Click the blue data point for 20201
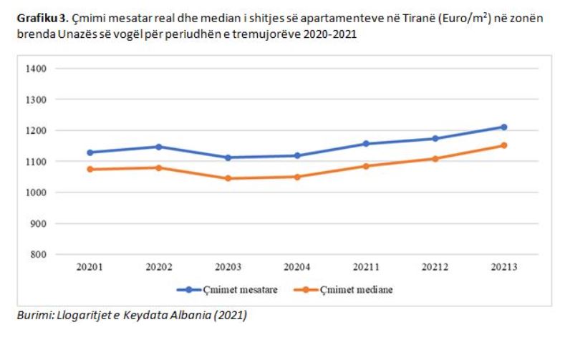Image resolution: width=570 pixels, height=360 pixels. (90, 152)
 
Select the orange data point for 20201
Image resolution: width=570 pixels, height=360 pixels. (90, 169)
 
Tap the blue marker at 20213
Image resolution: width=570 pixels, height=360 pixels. (503, 127)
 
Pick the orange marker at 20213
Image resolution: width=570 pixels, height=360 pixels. (503, 145)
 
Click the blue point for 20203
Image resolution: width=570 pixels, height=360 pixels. (228, 157)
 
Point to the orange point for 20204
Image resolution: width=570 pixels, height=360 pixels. (297, 177)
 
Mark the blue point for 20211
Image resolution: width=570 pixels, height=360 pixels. (366, 144)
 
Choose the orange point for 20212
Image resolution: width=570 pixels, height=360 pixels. (435, 159)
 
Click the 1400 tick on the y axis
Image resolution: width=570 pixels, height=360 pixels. (37, 69)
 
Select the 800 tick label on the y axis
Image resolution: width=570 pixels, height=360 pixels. (39, 254)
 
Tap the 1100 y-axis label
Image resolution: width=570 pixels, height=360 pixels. (37, 162)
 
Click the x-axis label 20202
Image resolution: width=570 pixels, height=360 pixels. (159, 268)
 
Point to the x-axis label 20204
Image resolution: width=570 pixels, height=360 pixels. (297, 268)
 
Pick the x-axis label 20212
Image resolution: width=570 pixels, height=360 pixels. (435, 268)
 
